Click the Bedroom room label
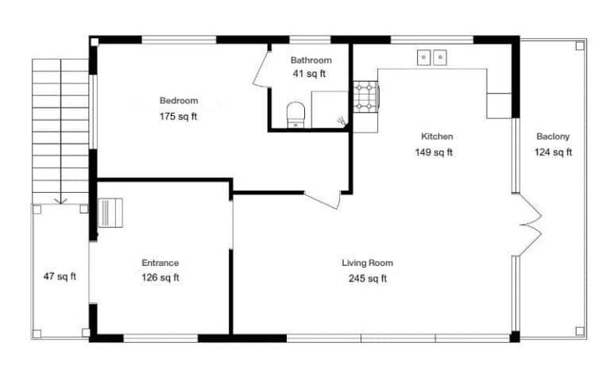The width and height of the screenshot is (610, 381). (x=179, y=101)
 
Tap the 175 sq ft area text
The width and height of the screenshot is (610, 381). (x=179, y=117)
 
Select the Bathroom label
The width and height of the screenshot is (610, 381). (x=311, y=60)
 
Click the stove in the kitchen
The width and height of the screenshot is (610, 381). (x=366, y=95)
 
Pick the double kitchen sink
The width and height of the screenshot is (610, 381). (x=432, y=56)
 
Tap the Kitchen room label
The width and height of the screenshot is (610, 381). (x=437, y=137)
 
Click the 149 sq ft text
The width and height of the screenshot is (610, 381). (x=434, y=152)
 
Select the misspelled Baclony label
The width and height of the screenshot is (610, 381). (x=553, y=137)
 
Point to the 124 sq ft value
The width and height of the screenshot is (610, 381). (x=553, y=152)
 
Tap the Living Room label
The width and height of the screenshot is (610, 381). (x=367, y=263)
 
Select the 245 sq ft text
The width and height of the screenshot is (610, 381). (x=367, y=279)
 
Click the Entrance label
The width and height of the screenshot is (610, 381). (x=160, y=263)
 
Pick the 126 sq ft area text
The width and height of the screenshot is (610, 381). (x=160, y=278)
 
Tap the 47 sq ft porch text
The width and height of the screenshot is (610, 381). (x=60, y=277)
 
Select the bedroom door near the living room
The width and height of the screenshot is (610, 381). (x=324, y=199)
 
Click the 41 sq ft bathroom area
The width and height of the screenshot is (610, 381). (x=311, y=74)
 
